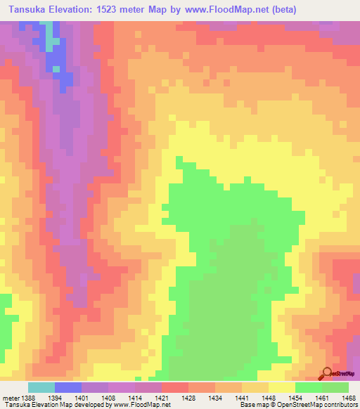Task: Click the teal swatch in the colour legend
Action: (x=41, y=388)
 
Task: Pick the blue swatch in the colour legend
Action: (x=68, y=388)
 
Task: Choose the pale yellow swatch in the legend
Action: (x=282, y=388)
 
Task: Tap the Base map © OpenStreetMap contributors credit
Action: (x=297, y=404)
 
